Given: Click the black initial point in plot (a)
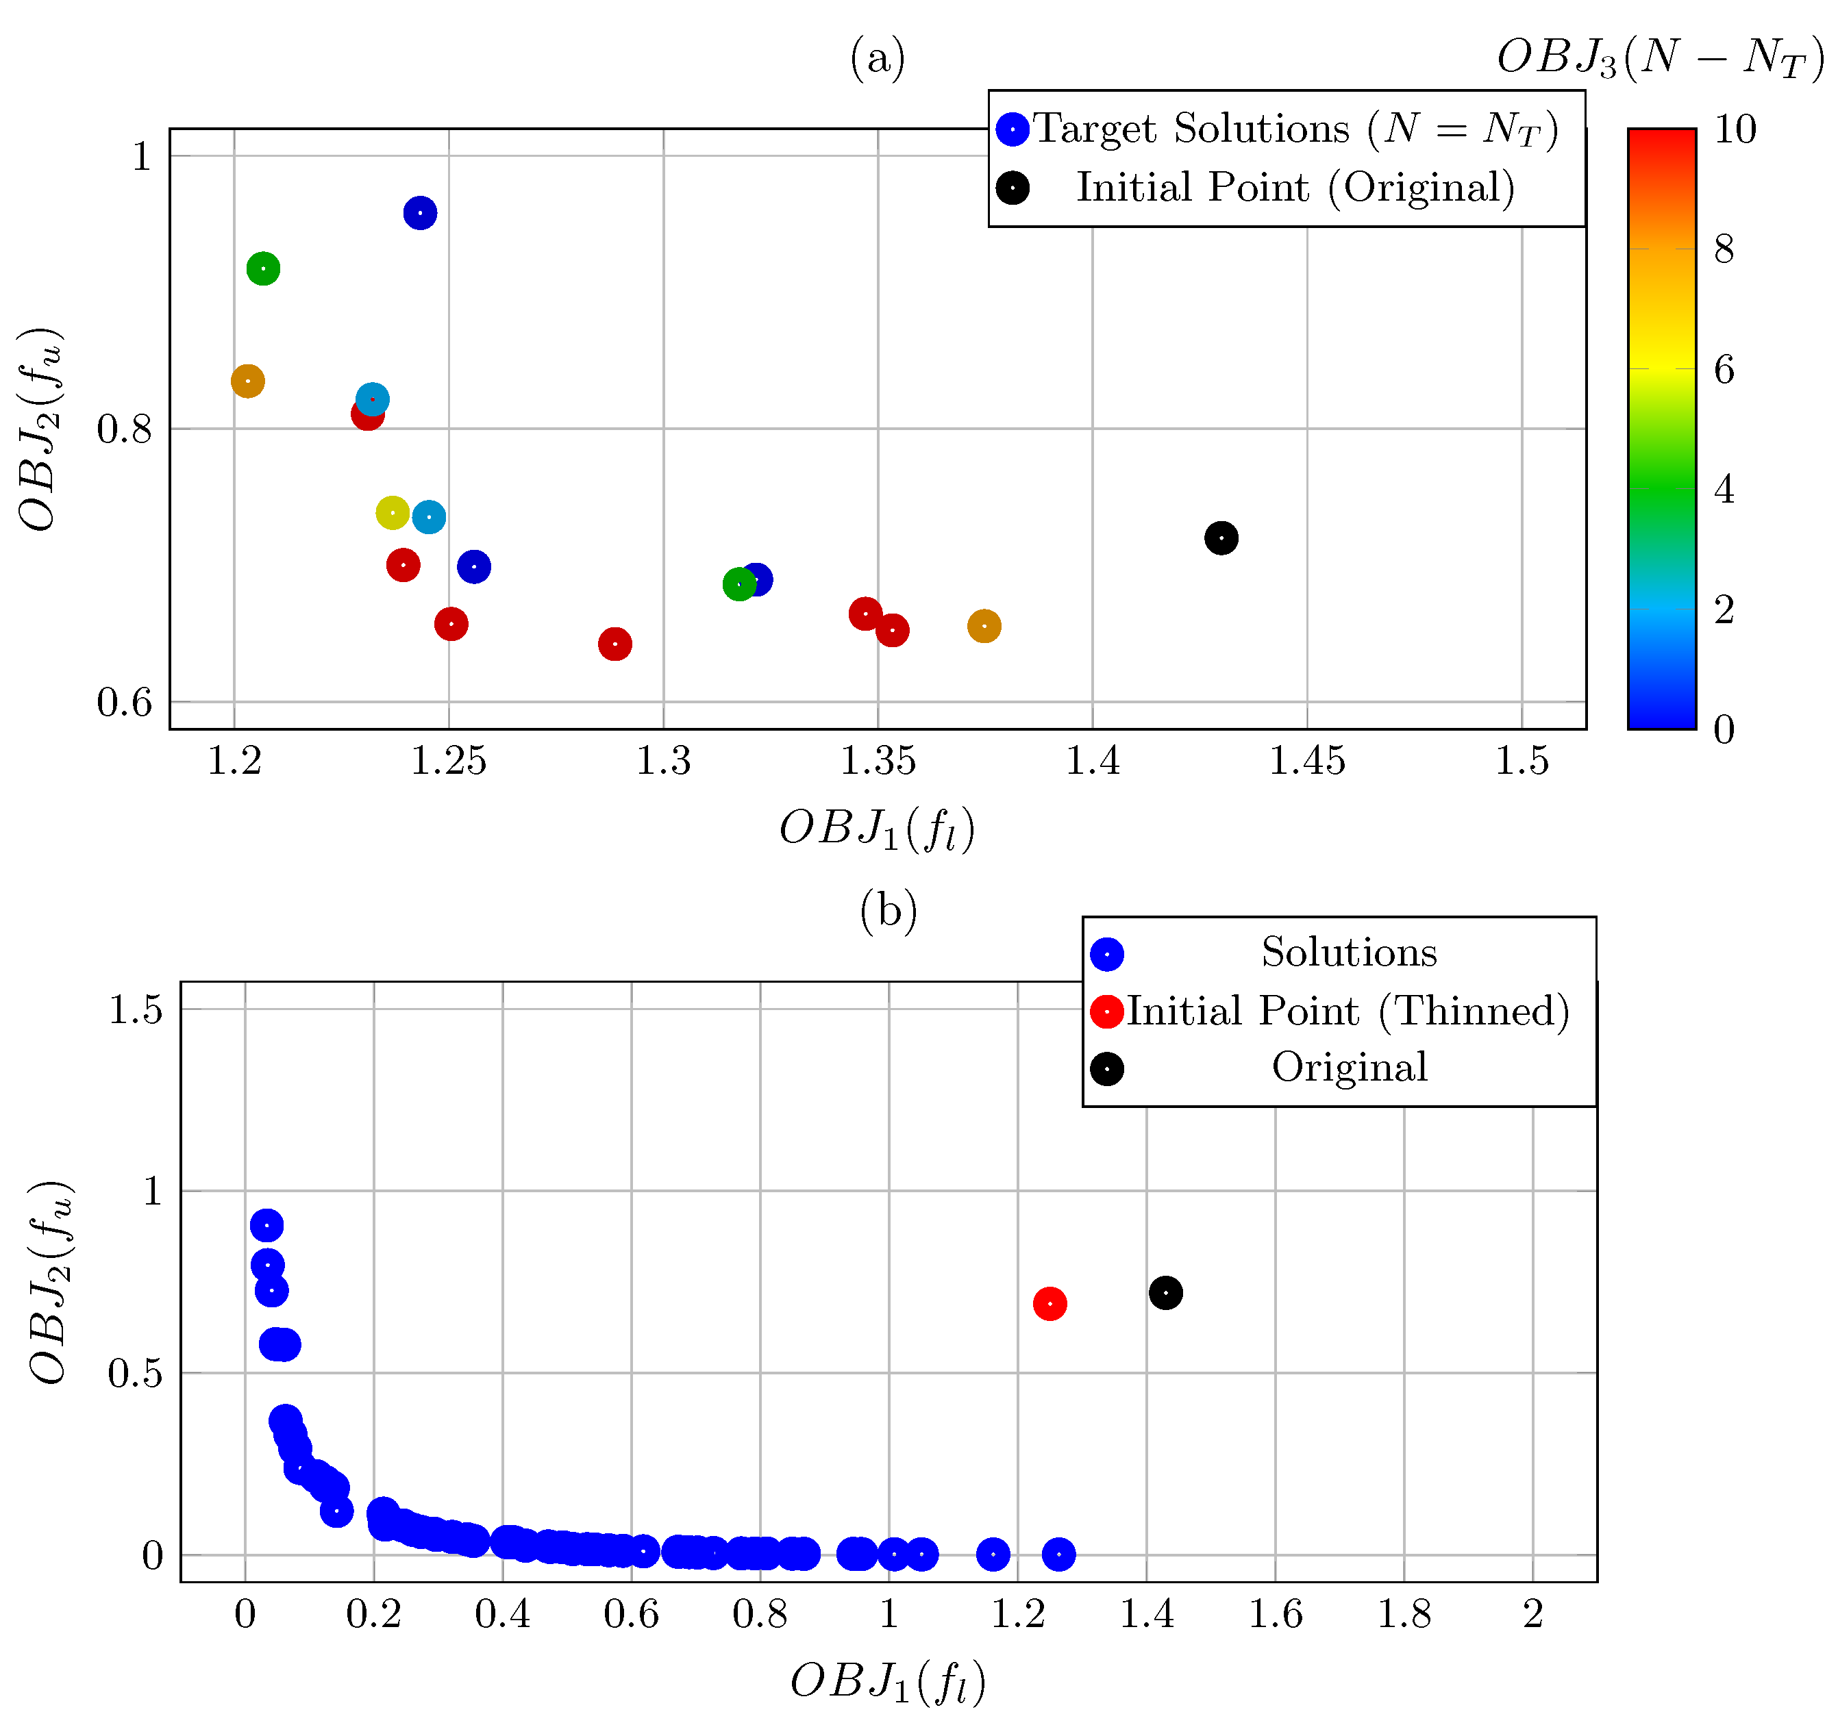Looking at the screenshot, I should pos(1221,538).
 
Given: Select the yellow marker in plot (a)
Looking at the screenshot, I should pos(393,512).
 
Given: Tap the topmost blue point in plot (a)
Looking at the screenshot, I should pos(420,214).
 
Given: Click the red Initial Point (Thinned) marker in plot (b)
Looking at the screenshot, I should pos(1050,1303).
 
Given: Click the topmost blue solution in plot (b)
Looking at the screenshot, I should pos(266,1226).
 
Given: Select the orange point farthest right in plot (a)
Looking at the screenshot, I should pos(984,627).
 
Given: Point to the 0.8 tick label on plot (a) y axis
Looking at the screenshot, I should pos(124,429).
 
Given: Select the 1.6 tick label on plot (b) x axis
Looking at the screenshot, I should pos(1275,1614).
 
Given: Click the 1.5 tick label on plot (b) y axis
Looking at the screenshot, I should pos(135,1009).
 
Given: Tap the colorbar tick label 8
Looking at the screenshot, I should pos(1724,249).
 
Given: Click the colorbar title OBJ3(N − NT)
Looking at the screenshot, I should pos(1661,58).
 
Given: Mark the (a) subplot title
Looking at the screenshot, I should pos(878,58).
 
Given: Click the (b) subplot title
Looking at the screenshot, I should pos(889,911).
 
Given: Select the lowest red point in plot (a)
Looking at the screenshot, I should pos(614,644).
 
